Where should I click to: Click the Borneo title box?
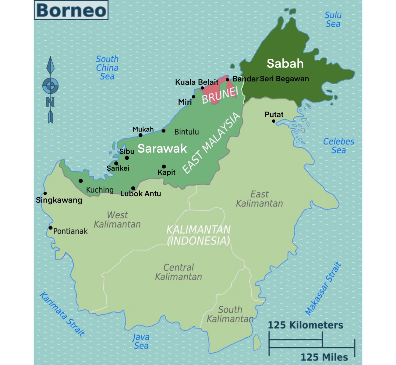point(71,10)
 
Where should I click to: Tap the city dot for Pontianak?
point(51,228)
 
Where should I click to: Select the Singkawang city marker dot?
point(45,193)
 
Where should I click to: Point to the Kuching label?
point(100,190)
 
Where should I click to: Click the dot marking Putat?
point(274,121)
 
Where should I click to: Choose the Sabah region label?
point(285,64)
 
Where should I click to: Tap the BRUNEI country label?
point(220,95)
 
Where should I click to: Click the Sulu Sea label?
point(333,19)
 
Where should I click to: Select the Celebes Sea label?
point(338,146)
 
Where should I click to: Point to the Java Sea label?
point(141,341)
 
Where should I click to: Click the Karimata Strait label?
point(62,314)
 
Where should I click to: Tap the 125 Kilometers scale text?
point(305,325)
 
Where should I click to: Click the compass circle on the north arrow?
point(50,85)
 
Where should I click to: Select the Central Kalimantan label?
point(179,272)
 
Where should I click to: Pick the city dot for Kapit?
point(164,166)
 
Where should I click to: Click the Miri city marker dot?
point(193,97)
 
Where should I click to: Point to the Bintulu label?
point(186,132)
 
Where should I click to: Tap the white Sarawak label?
point(162,148)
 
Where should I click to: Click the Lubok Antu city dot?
point(133,188)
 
